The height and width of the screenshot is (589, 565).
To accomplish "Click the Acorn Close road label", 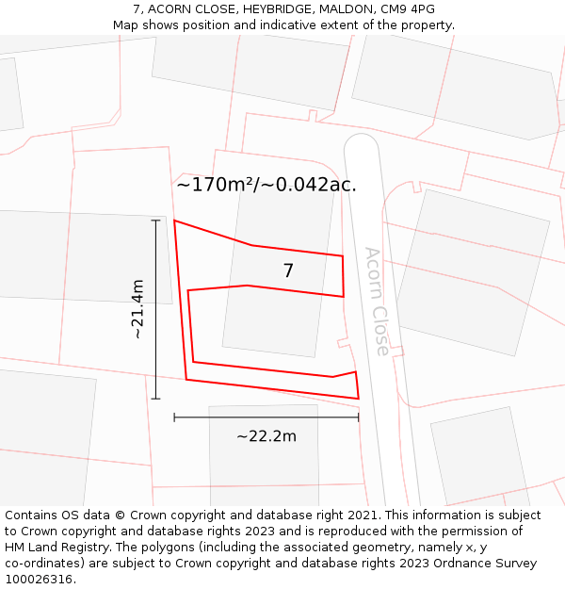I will pyautogui.click(x=377, y=301).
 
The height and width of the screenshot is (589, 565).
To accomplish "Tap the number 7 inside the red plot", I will pyautogui.click(x=288, y=270).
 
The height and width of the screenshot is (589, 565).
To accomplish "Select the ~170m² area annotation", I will pyautogui.click(x=266, y=185).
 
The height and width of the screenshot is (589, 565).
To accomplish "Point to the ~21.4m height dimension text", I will pyautogui.click(x=137, y=309).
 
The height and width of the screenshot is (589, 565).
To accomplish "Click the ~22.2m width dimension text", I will pyautogui.click(x=266, y=435).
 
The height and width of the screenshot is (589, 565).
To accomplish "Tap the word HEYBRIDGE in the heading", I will pyautogui.click(x=272, y=9).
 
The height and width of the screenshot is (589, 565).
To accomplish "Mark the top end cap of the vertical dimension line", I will pyautogui.click(x=155, y=221).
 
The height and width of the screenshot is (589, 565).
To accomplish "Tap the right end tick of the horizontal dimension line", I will pyautogui.click(x=358, y=417).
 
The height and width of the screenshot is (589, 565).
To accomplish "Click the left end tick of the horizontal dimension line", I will pyautogui.click(x=174, y=417).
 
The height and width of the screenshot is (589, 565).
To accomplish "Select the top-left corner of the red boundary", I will pyautogui.click(x=175, y=221).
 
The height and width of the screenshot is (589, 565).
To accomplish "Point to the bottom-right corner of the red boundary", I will pyautogui.click(x=358, y=398).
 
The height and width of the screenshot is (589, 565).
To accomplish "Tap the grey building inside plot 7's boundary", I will pyautogui.click(x=273, y=320).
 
